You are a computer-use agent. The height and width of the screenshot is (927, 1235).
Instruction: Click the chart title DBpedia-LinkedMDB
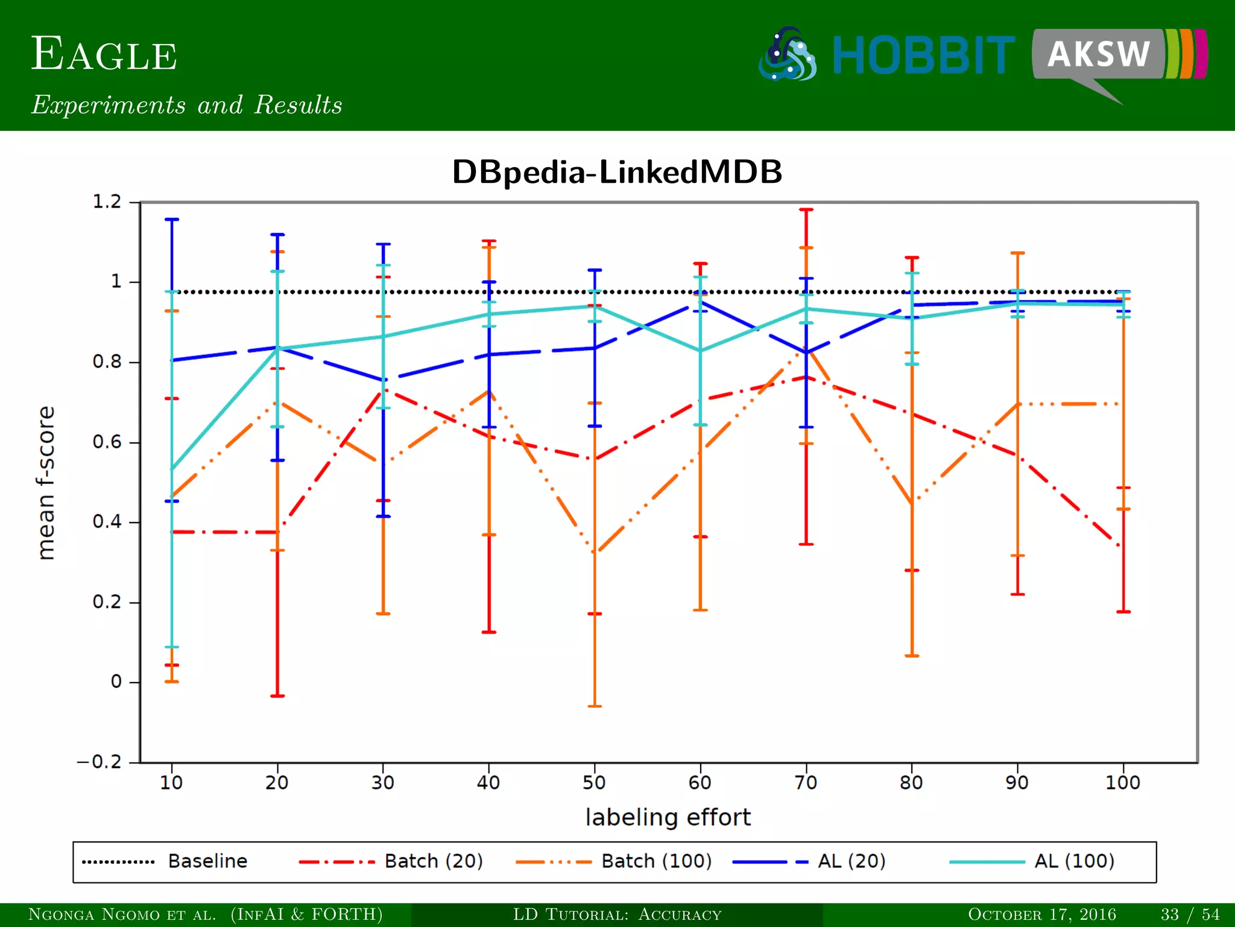[617, 172]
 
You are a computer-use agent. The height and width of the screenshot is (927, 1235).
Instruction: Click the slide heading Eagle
[104, 55]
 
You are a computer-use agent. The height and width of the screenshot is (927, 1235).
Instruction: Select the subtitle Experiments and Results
[187, 105]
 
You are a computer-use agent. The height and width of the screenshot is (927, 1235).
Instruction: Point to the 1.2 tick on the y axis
[107, 202]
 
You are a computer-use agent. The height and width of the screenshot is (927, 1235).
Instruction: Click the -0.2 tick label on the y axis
[99, 762]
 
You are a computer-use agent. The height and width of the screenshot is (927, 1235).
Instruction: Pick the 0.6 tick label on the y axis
[107, 442]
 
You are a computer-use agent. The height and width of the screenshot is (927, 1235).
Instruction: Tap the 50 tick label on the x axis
[594, 783]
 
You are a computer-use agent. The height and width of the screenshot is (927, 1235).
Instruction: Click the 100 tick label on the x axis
[1122, 783]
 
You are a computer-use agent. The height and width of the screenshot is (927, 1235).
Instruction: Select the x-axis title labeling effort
[668, 817]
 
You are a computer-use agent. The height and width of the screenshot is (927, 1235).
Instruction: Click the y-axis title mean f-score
[46, 483]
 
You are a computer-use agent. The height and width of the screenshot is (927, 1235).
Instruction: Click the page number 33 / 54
[1190, 914]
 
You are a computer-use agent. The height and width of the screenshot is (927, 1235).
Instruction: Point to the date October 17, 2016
[1041, 914]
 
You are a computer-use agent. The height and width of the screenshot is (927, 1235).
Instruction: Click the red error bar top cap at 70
[806, 209]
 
